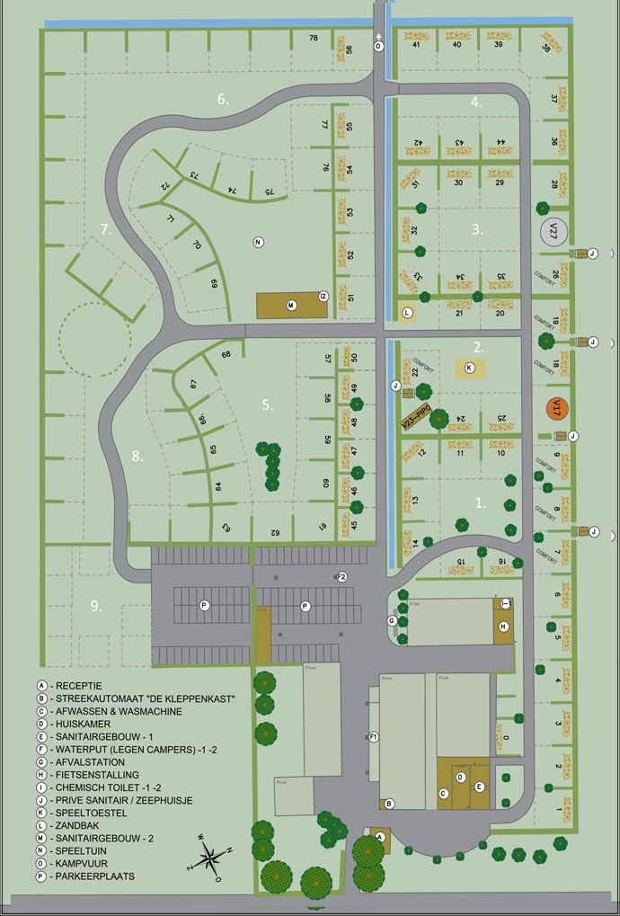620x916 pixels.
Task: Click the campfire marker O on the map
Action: click(378, 45)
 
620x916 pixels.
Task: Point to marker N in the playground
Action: click(258, 242)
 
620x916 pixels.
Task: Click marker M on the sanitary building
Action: click(291, 306)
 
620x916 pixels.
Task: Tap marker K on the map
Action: click(469, 367)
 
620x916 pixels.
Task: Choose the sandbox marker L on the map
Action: click(407, 313)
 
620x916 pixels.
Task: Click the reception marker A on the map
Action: click(379, 835)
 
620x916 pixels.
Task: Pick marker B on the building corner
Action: click(389, 803)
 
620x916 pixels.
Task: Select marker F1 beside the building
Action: click(374, 737)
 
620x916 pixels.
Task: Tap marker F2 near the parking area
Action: click(342, 577)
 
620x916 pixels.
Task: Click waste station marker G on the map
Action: click(392, 620)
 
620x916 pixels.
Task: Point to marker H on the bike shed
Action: click(504, 626)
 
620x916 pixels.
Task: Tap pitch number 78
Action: click(314, 38)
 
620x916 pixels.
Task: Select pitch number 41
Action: click(417, 44)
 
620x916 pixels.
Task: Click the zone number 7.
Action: click(105, 229)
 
